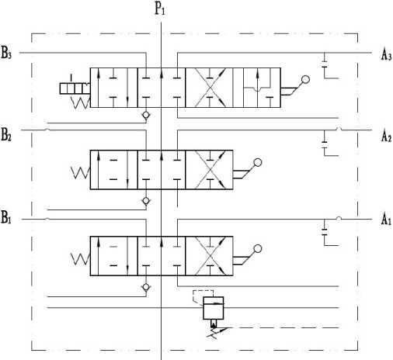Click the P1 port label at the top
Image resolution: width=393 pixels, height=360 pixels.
160,9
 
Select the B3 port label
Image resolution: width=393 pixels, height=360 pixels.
6,53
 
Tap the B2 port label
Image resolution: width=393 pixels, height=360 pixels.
6,134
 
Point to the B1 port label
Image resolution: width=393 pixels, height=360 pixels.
6,217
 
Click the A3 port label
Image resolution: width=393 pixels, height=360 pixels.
386,54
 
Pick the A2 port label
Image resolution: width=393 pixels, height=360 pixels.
386,136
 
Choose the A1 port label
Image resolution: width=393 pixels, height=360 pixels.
386,220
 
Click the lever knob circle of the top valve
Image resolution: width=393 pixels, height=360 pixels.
306,79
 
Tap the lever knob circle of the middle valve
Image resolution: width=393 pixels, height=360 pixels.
258,162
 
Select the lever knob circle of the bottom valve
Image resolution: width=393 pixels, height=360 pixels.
258,248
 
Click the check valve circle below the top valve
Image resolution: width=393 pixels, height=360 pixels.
146,115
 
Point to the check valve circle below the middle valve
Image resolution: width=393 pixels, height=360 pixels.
146,201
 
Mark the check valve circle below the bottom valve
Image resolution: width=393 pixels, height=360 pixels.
146,287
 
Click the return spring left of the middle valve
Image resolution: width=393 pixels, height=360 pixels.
80,173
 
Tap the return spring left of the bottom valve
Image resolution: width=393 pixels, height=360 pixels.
80,259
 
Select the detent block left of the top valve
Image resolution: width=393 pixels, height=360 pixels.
75,88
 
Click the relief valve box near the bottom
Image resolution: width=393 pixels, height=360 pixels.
213,308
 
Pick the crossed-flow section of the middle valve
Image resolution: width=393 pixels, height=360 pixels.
209,170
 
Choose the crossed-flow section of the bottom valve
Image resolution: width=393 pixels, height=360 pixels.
209,256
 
